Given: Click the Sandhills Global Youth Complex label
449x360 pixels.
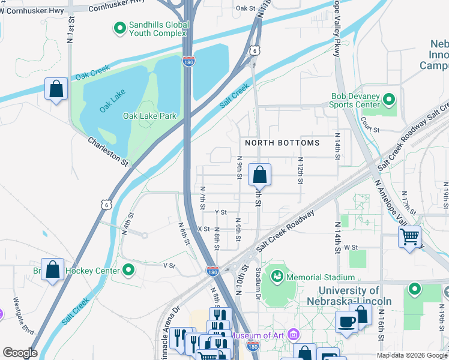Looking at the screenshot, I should click(x=159, y=29).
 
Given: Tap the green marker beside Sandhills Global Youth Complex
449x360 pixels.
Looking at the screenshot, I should click(x=119, y=27).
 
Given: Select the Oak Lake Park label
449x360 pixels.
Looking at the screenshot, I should click(x=149, y=116).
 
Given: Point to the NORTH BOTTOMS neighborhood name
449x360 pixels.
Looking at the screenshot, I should click(x=282, y=143).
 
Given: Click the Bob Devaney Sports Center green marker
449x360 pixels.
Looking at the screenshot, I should click(x=389, y=99).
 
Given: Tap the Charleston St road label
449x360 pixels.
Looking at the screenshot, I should click(x=108, y=151).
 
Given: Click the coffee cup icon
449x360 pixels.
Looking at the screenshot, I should click(x=346, y=322).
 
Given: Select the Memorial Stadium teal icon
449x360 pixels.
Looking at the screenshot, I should click(x=277, y=277).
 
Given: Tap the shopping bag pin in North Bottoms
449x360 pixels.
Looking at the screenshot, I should click(x=259, y=175).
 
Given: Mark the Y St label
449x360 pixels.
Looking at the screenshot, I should click(x=220, y=212).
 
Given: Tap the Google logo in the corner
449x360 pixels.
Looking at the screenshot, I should click(x=20, y=353).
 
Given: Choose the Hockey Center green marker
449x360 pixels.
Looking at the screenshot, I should click(x=127, y=271).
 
